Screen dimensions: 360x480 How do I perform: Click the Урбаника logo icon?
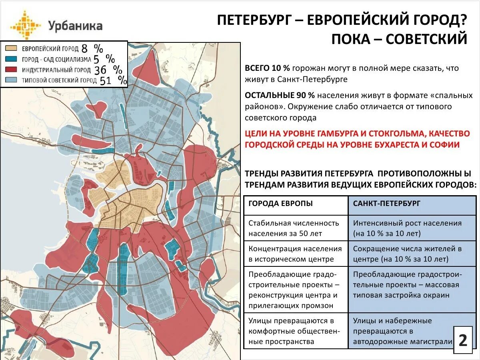click(x=25, y=26)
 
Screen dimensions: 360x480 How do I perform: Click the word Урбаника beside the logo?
click(x=75, y=26)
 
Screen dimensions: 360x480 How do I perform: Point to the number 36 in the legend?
click(x=100, y=70)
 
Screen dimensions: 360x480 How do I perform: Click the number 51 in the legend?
click(x=106, y=81)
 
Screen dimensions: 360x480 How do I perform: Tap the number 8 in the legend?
click(x=84, y=49)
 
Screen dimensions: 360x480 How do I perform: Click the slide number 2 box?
click(x=462, y=340)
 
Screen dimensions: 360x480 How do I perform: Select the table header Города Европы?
click(x=280, y=204)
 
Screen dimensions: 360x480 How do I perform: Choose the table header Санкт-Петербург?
click(x=386, y=204)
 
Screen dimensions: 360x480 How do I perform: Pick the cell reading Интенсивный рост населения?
click(x=407, y=228)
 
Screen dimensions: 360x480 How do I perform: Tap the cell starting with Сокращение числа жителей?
click(x=407, y=254)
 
